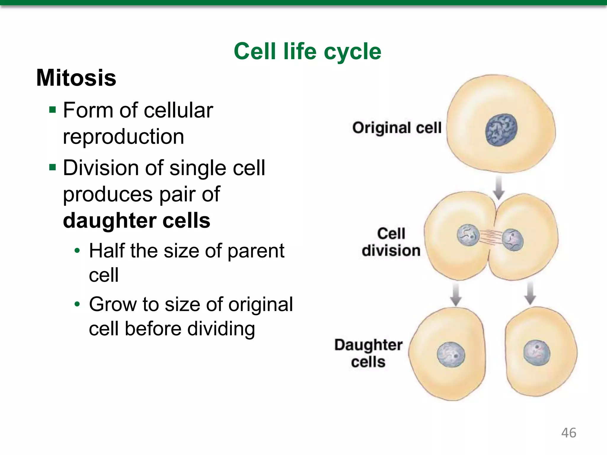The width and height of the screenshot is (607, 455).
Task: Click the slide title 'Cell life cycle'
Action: click(307, 51)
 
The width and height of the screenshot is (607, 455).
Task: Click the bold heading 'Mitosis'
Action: click(76, 78)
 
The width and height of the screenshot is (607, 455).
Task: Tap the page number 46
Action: click(568, 433)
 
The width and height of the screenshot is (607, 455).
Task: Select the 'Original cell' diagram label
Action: click(397, 128)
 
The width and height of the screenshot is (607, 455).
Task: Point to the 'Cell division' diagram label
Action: click(391, 242)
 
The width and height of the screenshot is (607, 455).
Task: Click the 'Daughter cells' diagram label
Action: click(368, 353)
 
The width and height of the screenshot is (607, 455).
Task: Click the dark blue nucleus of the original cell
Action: click(501, 130)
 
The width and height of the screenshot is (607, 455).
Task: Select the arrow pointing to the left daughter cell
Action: click(456, 294)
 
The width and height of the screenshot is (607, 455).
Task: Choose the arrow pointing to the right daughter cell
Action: click(530, 293)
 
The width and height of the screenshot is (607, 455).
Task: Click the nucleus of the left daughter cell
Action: click(451, 355)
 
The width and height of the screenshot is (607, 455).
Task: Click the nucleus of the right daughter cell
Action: click(536, 353)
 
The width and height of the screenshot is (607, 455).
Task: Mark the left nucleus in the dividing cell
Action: click(468, 235)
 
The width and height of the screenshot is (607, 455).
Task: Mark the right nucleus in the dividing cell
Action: click(513, 240)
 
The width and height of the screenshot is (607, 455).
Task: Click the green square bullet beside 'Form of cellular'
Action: click(53, 110)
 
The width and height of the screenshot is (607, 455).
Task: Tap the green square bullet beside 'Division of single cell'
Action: click(53, 168)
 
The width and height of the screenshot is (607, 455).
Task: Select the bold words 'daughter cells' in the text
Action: click(137, 221)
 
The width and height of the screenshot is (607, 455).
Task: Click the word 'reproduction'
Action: click(124, 137)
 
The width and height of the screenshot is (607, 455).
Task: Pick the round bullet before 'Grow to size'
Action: click(77, 304)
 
